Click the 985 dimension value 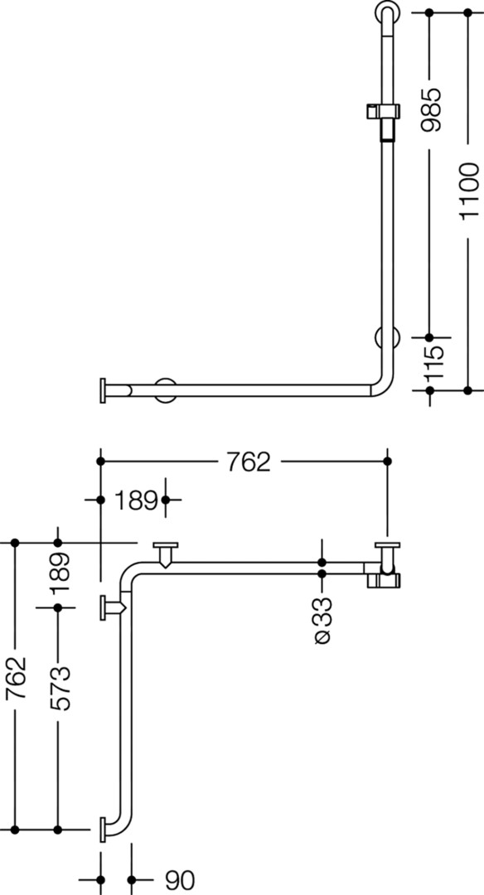pyautogui.click(x=431, y=109)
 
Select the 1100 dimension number pyautogui.click(x=469, y=191)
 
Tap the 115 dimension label pyautogui.click(x=432, y=364)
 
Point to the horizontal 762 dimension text pyautogui.click(x=249, y=462)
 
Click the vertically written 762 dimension pyautogui.click(x=16, y=678)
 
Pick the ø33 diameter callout pyautogui.click(x=322, y=620)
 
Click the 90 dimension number pyautogui.click(x=180, y=880)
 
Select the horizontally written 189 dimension pyautogui.click(x=136, y=501)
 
